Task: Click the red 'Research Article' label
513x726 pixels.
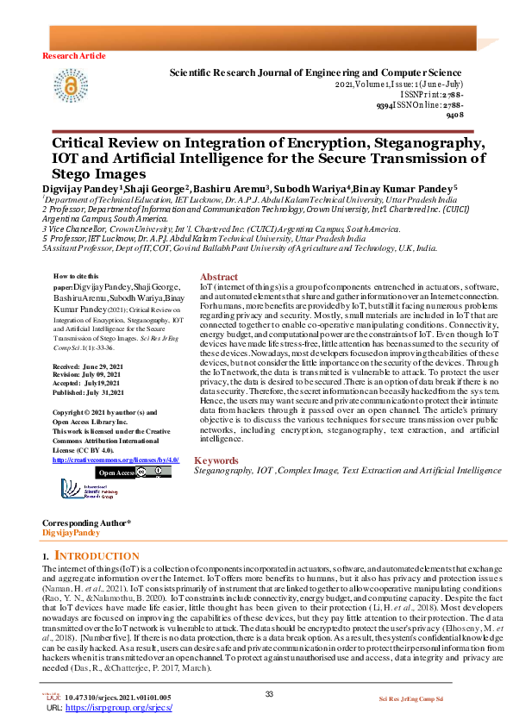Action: [x=74, y=55]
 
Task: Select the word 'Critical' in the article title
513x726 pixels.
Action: [x=82, y=143]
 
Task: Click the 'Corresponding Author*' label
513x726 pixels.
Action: [x=86, y=524]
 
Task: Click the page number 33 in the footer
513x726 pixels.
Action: [x=268, y=695]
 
